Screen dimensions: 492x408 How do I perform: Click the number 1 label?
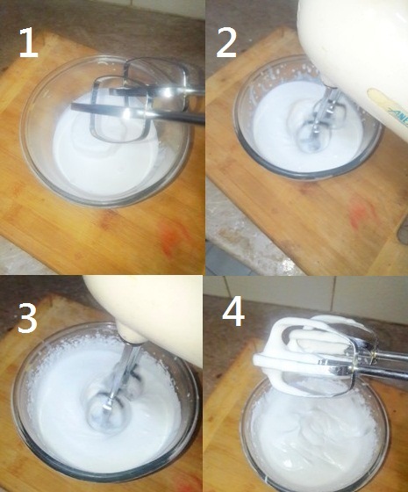point(28,41)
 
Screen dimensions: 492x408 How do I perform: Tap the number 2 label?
point(226,41)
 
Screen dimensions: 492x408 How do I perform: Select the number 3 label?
point(27,319)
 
